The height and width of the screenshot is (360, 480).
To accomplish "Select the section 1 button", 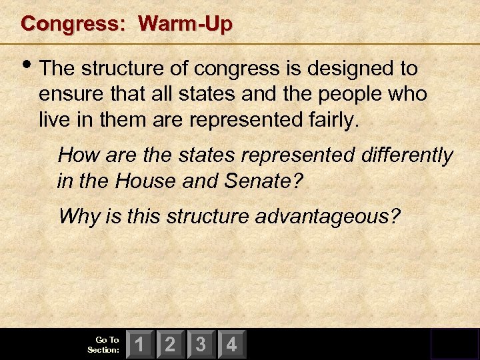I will (140, 345).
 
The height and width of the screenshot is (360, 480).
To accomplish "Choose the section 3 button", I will (201, 345).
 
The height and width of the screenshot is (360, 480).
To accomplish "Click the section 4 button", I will (231, 345).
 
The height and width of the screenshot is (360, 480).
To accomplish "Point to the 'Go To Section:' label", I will (103, 345).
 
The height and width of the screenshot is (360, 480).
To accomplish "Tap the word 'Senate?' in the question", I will (273, 181).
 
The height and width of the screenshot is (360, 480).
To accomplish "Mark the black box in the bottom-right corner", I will (454, 344).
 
